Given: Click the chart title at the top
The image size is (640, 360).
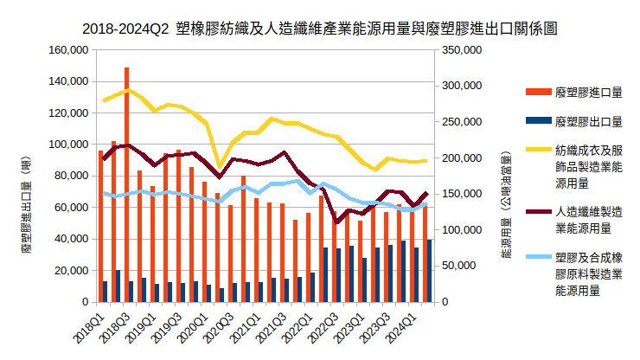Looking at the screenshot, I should pyautogui.click(x=319, y=28).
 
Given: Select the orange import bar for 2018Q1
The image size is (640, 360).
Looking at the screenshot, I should pyautogui.click(x=100, y=226).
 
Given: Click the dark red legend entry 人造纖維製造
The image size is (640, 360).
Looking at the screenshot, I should pyautogui.click(x=589, y=219).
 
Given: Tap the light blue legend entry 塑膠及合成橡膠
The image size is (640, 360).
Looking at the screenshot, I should pyautogui.click(x=589, y=274).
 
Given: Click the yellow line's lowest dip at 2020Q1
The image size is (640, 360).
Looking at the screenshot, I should pyautogui.click(x=220, y=166).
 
